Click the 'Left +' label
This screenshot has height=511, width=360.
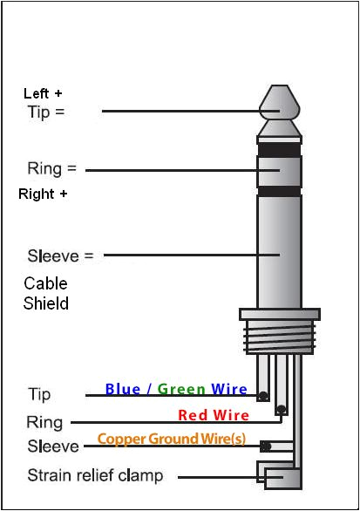[43, 92]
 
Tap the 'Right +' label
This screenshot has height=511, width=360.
[43, 194]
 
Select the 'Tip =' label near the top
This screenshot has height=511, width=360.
[46, 112]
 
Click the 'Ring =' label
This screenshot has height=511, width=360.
[51, 168]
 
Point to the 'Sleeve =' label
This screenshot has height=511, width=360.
[59, 256]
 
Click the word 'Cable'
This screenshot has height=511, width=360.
[45, 283]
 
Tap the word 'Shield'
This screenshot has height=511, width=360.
[46, 303]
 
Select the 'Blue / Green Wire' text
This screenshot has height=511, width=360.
[175, 390]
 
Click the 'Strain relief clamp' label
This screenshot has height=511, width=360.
[95, 476]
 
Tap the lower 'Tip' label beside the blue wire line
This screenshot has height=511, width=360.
[39, 395]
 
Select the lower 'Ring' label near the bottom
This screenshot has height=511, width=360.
[44, 423]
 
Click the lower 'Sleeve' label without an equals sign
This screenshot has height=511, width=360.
[53, 447]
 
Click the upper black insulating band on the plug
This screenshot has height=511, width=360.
[279, 149]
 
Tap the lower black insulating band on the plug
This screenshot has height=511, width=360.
[279, 190]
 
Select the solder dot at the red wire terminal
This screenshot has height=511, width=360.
[281, 409]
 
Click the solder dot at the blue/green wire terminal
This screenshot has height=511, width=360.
[262, 396]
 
